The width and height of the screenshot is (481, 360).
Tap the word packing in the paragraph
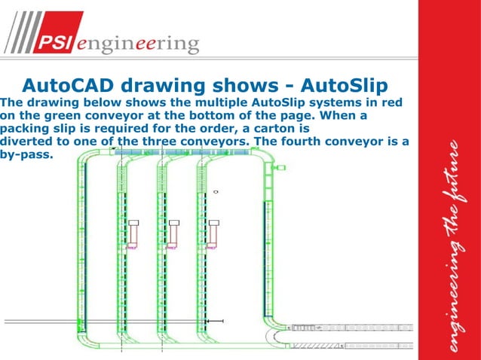tap(26, 129)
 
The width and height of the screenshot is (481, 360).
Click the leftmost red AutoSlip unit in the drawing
tap(133, 232)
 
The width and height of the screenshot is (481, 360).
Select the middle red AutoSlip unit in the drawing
tap(174, 232)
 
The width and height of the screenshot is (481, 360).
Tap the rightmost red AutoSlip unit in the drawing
tap(214, 232)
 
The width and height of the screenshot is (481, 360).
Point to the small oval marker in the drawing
tap(216, 193)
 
